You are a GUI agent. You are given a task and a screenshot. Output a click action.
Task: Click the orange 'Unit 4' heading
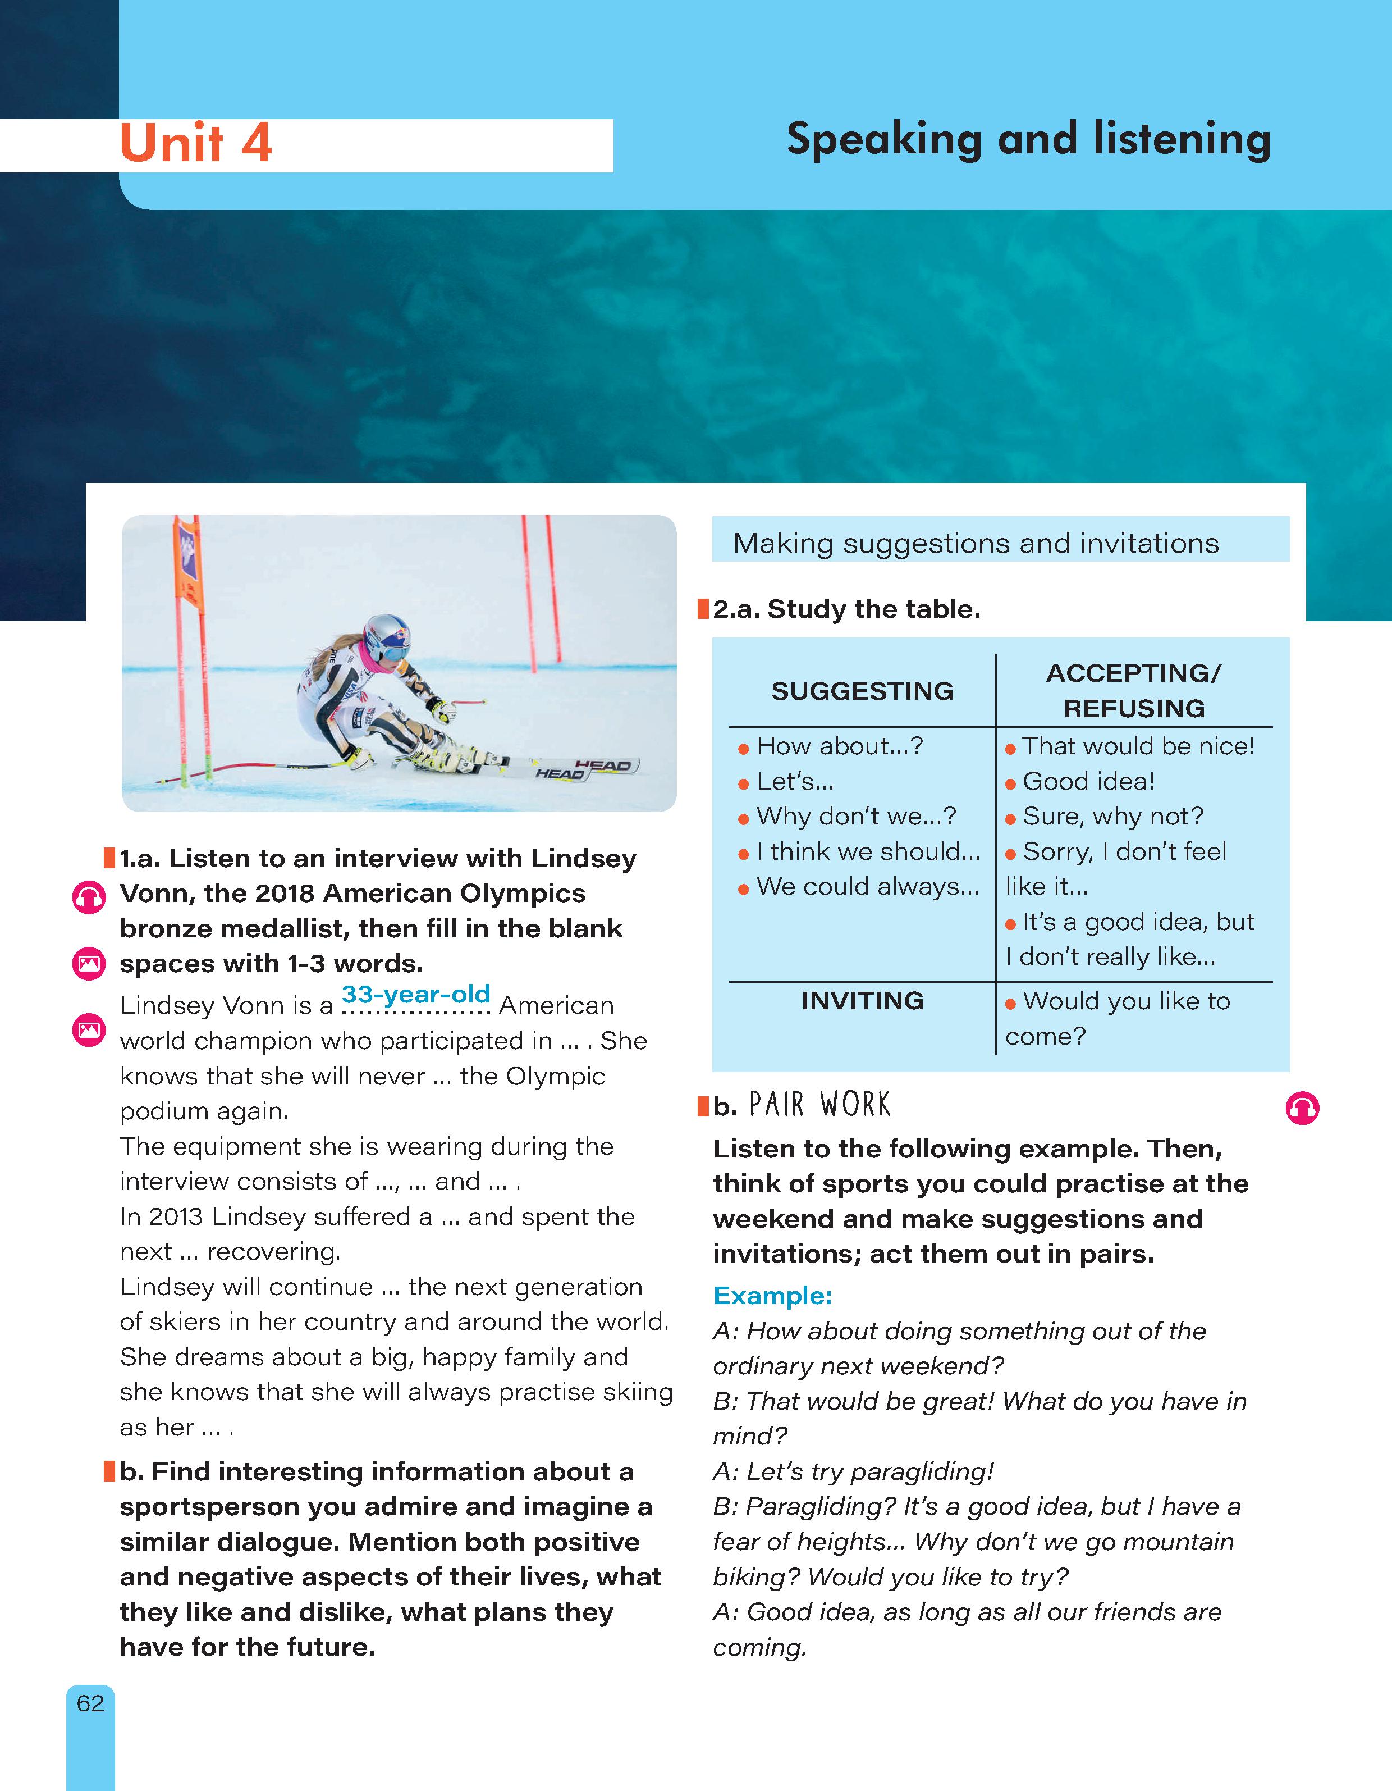[196, 144]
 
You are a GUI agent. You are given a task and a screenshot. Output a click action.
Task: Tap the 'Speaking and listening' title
[1028, 139]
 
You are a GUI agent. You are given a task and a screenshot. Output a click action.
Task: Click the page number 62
[90, 1703]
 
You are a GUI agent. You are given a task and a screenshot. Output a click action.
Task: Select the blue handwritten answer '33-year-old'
[415, 994]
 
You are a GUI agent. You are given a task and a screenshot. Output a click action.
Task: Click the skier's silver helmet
[385, 636]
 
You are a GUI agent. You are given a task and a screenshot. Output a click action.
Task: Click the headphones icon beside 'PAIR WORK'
[1302, 1109]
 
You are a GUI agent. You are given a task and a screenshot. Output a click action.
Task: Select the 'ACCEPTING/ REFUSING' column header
[1134, 690]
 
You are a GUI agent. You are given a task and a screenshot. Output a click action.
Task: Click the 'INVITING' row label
[862, 1000]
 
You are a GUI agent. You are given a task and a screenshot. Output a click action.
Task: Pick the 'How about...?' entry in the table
[840, 746]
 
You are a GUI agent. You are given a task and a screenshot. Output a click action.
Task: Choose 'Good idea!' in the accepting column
[1088, 782]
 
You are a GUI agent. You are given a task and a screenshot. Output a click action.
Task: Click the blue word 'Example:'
[772, 1296]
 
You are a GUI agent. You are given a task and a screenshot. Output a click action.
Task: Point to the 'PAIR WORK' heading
[819, 1105]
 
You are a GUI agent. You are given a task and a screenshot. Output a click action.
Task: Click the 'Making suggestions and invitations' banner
[976, 543]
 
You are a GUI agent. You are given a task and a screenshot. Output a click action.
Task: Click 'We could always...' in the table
[867, 886]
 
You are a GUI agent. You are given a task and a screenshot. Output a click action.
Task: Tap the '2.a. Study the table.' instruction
[846, 609]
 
